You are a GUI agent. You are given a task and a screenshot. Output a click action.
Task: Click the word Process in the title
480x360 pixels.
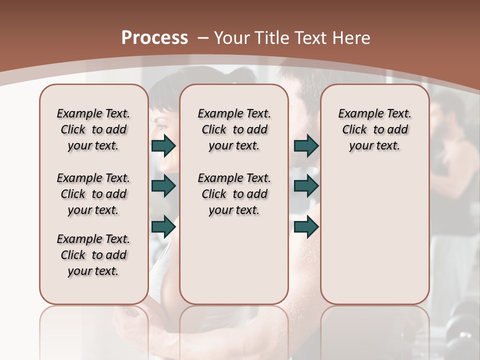click(x=154, y=37)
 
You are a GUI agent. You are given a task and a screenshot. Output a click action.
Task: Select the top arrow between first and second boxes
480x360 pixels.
click(x=163, y=145)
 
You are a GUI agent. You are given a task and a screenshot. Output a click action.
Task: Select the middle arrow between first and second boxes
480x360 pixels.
click(x=163, y=186)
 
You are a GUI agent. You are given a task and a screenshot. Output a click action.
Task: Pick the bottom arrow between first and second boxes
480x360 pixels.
click(x=163, y=226)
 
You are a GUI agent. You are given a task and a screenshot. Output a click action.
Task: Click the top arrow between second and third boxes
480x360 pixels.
click(x=306, y=145)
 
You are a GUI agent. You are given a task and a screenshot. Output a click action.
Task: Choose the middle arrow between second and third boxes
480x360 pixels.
click(x=306, y=186)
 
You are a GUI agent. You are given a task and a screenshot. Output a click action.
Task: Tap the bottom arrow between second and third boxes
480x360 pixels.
click(x=306, y=226)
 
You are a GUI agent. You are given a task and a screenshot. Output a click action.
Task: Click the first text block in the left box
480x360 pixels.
click(x=93, y=129)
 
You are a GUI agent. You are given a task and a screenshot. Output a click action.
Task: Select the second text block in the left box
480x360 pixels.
click(x=93, y=194)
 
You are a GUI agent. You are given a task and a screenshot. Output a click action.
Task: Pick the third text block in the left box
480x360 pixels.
click(x=93, y=255)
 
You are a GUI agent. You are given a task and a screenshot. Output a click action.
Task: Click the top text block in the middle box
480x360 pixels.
click(x=234, y=129)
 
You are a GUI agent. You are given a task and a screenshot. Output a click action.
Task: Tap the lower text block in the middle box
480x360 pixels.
click(x=234, y=194)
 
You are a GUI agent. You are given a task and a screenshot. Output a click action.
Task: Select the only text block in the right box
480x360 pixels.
click(x=374, y=129)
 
